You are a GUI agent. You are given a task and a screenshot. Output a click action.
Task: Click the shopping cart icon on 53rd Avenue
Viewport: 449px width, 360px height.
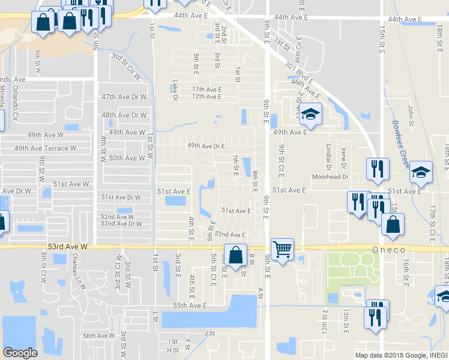click(282, 248)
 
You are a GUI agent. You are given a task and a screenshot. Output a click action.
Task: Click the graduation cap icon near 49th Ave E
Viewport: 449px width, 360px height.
click(310, 113)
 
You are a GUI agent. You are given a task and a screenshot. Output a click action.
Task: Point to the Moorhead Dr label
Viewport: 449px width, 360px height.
click(330, 177)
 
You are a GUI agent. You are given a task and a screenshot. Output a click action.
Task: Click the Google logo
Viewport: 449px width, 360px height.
click(20, 353)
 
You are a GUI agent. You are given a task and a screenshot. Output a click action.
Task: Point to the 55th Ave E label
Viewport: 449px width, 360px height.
click(190, 305)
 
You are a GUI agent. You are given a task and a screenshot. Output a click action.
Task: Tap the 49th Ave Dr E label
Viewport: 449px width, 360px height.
click(205, 145)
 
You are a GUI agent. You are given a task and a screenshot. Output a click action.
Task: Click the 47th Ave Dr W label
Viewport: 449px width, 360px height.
click(124, 97)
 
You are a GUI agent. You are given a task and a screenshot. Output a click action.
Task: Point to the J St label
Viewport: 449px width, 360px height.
click(209, 333)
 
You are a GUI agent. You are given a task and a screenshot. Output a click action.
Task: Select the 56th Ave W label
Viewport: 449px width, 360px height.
click(98, 336)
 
